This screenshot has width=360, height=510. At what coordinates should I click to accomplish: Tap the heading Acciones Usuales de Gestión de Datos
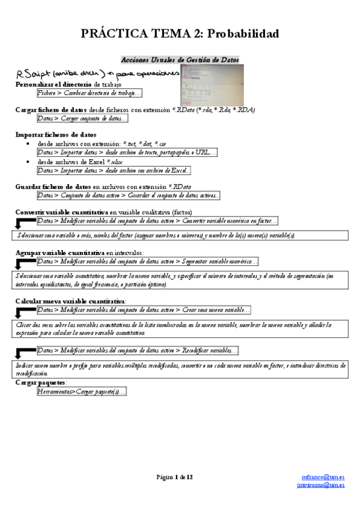180,60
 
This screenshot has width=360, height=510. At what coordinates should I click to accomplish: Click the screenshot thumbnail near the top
210,85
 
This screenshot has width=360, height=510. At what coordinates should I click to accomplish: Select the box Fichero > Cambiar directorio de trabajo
89,93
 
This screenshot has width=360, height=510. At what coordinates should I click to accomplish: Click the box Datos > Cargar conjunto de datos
82,118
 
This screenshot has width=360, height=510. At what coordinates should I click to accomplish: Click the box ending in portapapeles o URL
127,153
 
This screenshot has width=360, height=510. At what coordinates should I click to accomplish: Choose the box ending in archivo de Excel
113,171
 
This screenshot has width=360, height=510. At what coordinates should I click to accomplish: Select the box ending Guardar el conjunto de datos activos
128,195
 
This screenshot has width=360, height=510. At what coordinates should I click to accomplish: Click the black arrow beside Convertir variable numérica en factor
25,223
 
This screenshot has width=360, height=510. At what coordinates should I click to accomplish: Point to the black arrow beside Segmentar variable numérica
25,263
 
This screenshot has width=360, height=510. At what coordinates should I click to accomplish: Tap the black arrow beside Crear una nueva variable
25,311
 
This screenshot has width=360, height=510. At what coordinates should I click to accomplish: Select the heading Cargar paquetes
40,382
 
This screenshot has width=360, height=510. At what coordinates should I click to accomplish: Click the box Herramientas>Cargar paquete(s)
81,392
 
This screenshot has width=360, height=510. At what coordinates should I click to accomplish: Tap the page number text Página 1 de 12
175,477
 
